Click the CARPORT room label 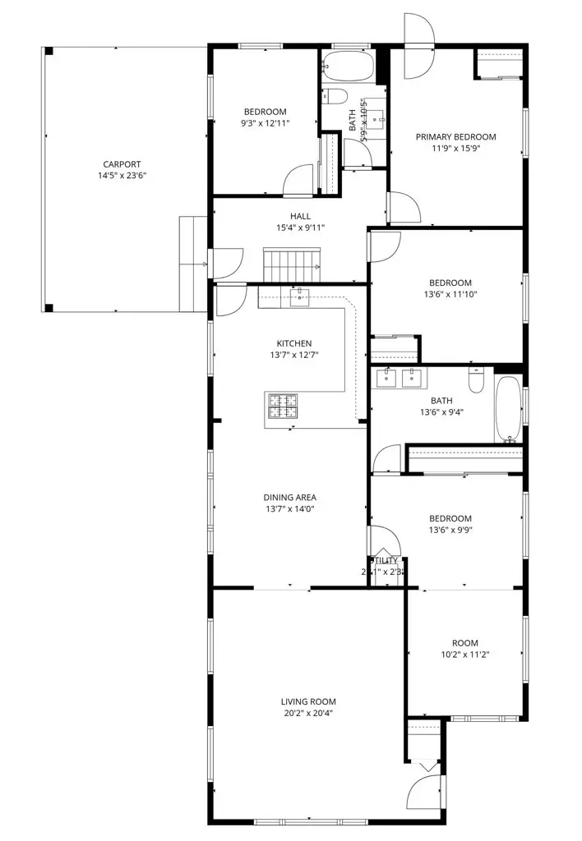122,163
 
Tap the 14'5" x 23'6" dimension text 122,175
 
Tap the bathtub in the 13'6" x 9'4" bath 507,408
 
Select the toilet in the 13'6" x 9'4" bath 477,380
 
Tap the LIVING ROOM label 308,701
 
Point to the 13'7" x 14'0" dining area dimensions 289,508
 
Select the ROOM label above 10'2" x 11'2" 464,643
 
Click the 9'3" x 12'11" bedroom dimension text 265,123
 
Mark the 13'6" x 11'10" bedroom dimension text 450,294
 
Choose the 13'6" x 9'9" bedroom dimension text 450,530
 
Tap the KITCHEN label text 293,343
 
